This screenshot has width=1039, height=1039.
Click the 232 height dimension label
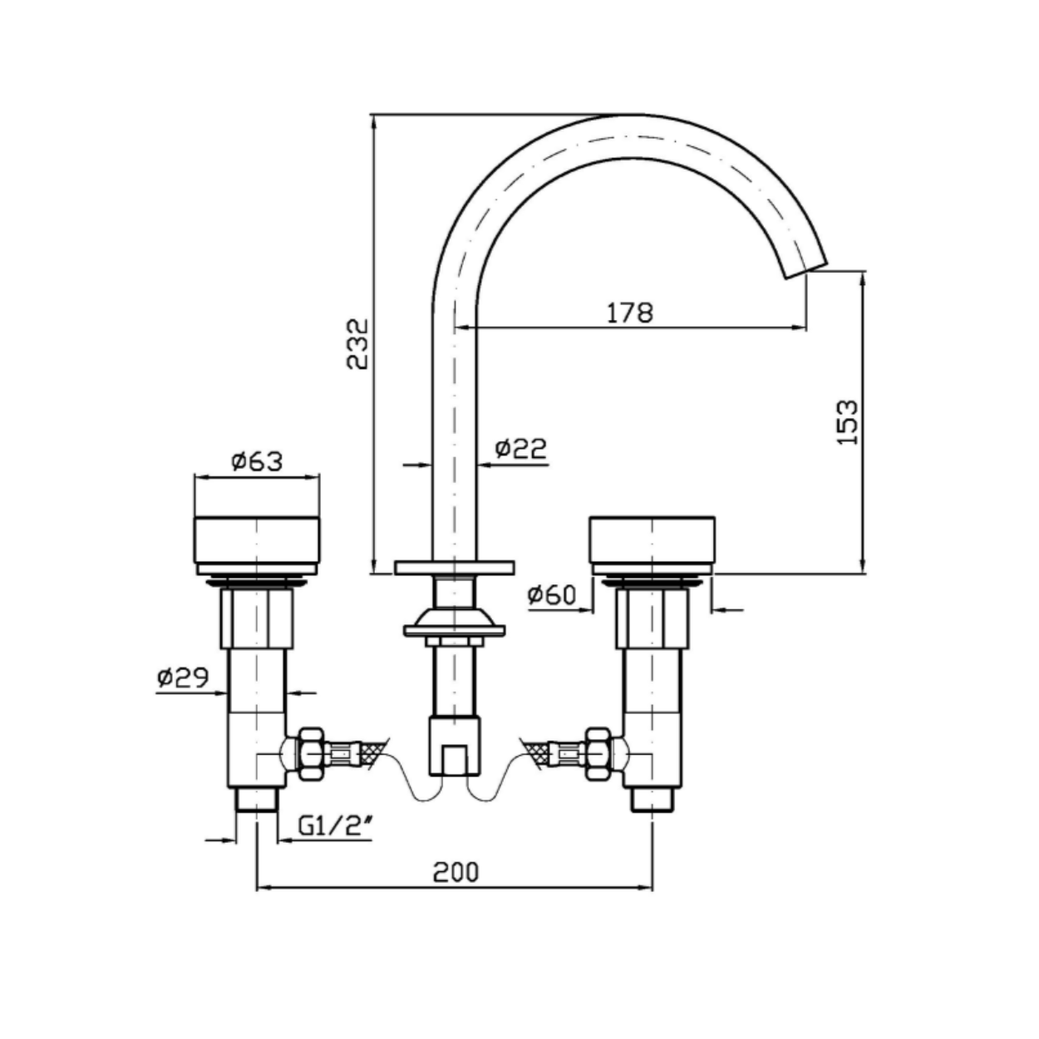357,344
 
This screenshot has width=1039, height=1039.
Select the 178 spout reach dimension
630,313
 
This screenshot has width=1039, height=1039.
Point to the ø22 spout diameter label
521,448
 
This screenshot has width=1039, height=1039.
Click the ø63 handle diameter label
257,461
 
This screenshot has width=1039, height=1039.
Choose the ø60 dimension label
552,594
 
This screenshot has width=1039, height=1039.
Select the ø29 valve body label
183,677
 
